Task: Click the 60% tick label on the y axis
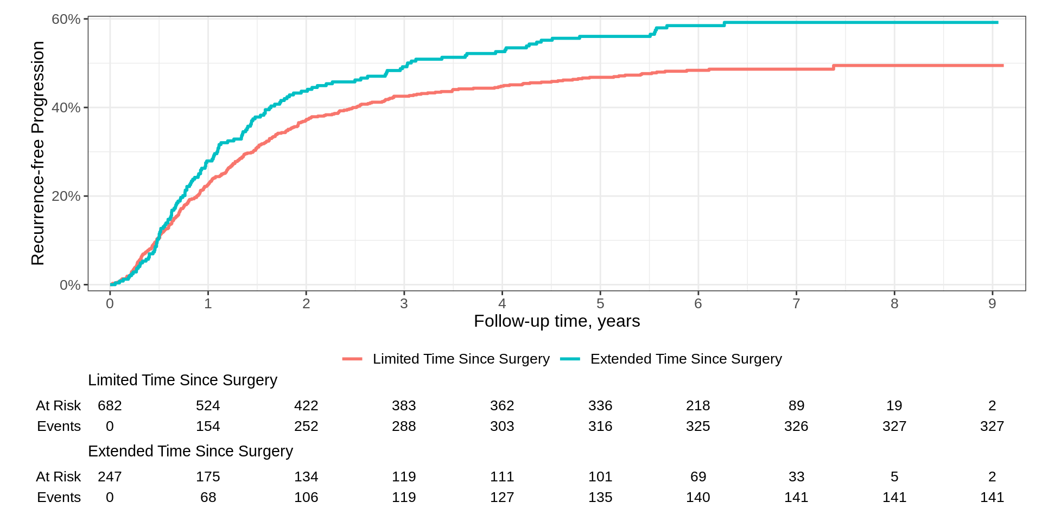click(x=66, y=20)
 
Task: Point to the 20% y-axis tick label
click(x=66, y=196)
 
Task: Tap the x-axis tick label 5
click(x=600, y=304)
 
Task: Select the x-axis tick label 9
click(x=992, y=304)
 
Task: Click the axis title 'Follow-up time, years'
click(x=557, y=321)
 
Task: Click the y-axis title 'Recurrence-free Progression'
click(x=37, y=153)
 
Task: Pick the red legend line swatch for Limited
click(x=352, y=359)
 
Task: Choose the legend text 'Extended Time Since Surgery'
click(x=686, y=359)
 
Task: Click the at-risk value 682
click(x=110, y=406)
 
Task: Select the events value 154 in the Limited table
click(x=208, y=427)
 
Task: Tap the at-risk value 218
click(x=698, y=406)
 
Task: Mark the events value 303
click(x=502, y=427)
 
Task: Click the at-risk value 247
click(x=110, y=477)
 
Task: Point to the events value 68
click(x=208, y=498)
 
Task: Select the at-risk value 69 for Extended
click(x=698, y=477)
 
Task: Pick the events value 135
click(x=600, y=498)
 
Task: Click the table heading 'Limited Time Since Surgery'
click(x=182, y=380)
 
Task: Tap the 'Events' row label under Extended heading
click(x=59, y=498)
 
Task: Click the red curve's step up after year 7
click(x=834, y=67)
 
